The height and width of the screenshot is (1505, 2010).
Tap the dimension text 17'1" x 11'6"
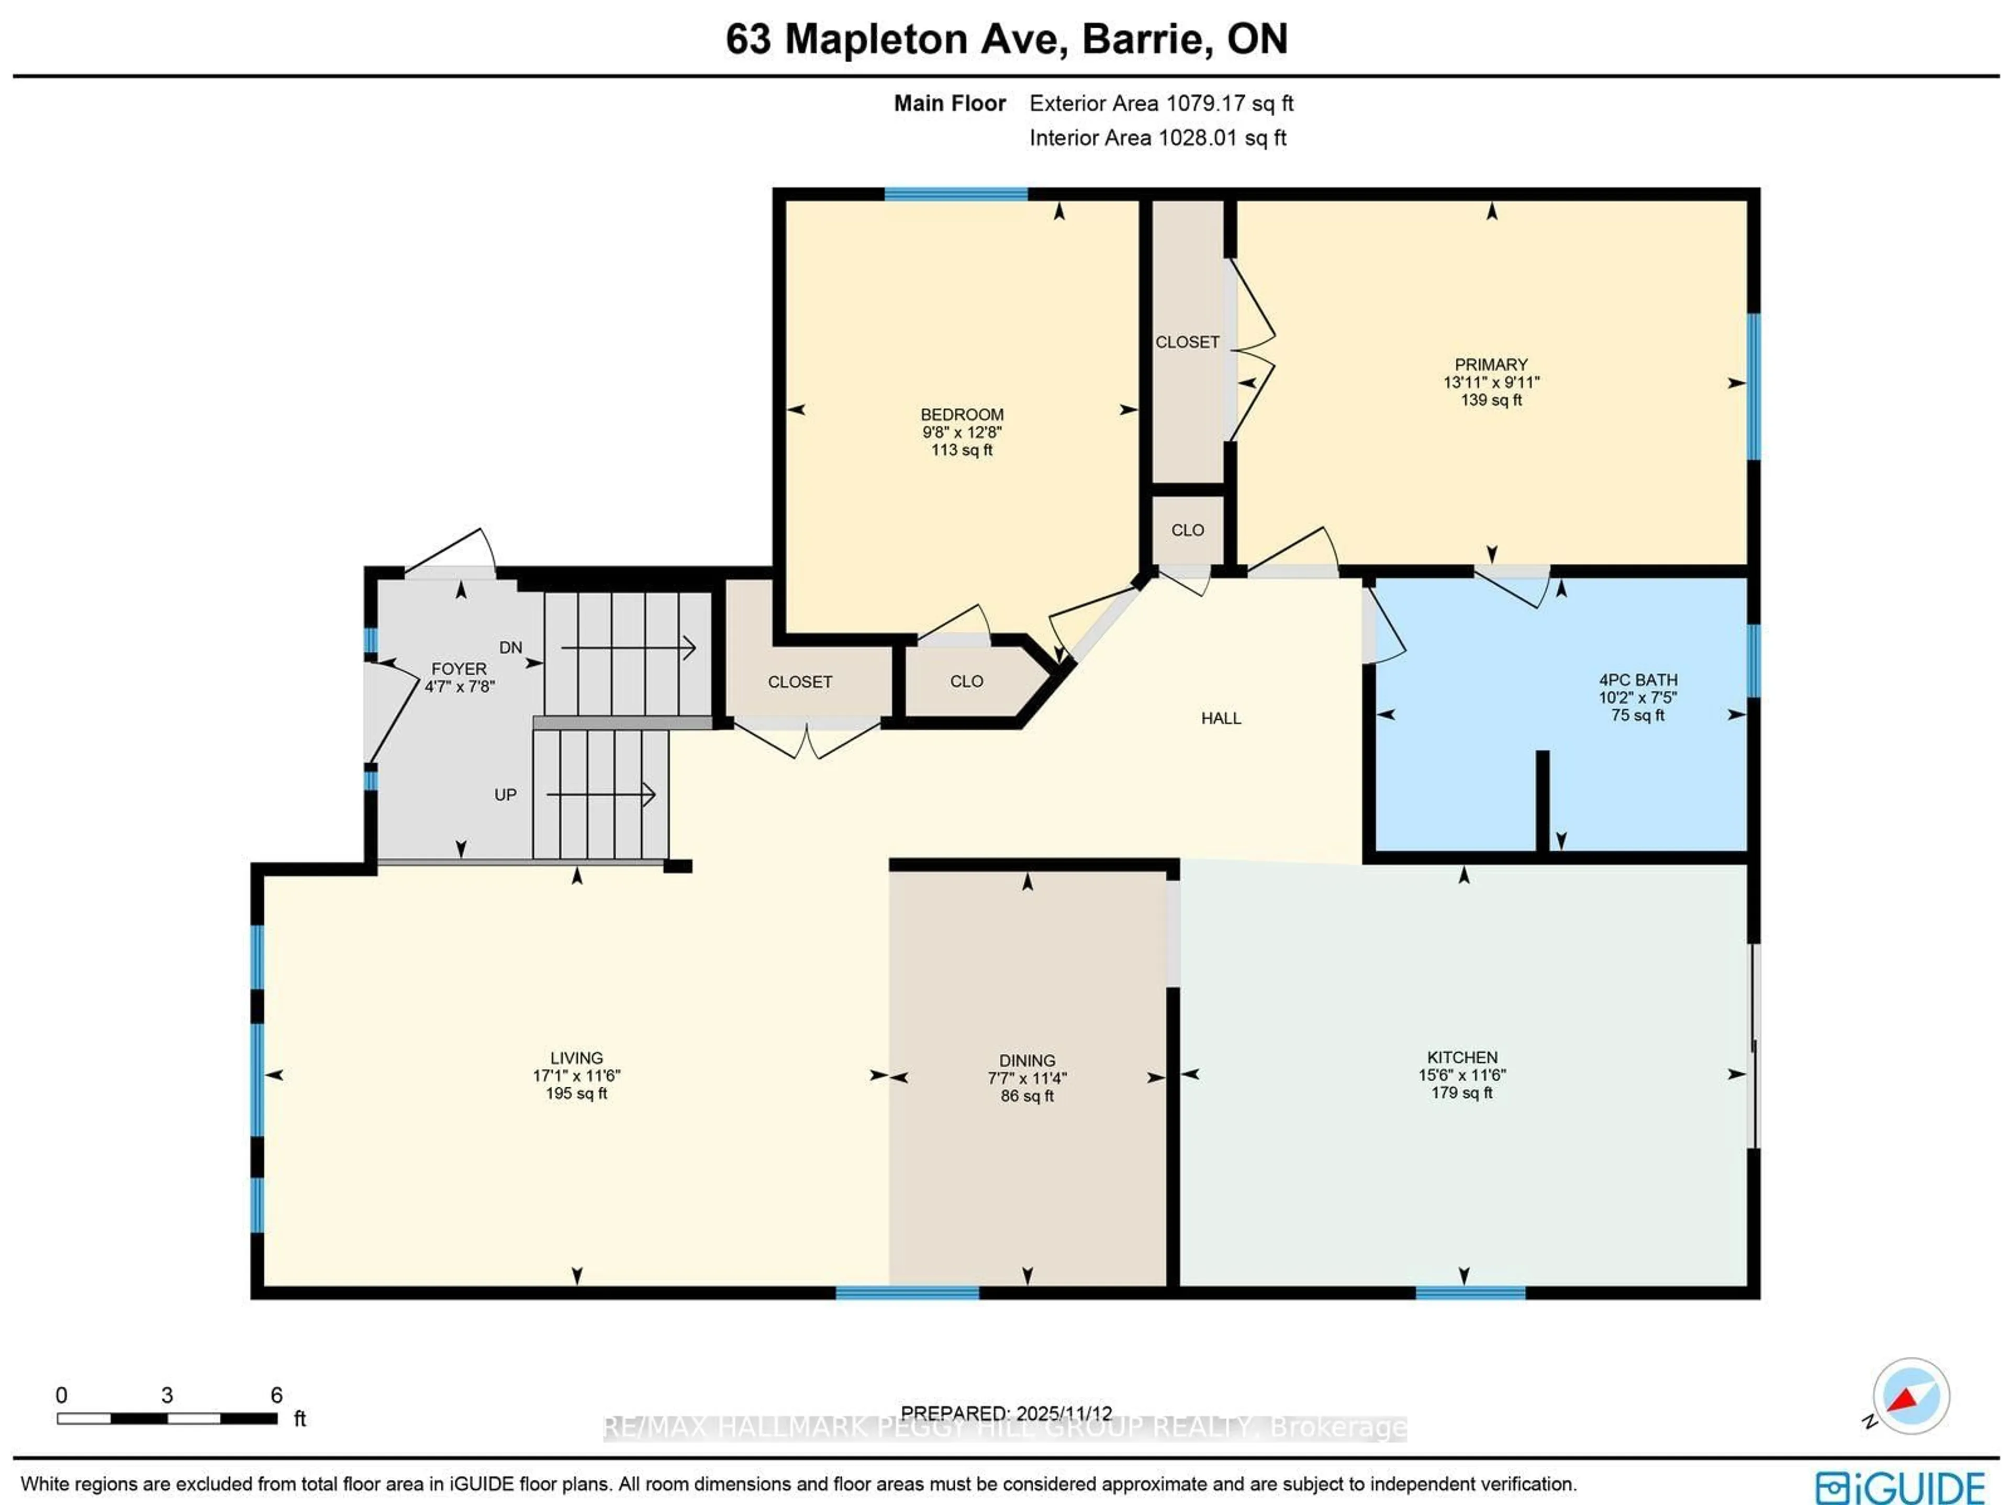click(x=576, y=1075)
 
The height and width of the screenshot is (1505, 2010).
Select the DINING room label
click(x=1027, y=1061)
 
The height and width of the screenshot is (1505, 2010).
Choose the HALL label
click(x=1220, y=719)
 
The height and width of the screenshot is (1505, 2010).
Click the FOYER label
click(x=459, y=669)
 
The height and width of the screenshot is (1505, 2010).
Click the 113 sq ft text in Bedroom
click(x=962, y=450)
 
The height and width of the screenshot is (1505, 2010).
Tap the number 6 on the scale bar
click(x=276, y=1395)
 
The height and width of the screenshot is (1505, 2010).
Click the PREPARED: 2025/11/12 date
click(x=1006, y=1413)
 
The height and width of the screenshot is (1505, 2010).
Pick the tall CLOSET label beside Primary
click(x=1187, y=343)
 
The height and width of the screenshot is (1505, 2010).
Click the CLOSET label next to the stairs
click(x=800, y=682)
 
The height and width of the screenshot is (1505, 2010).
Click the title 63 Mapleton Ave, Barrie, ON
click(x=1006, y=39)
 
